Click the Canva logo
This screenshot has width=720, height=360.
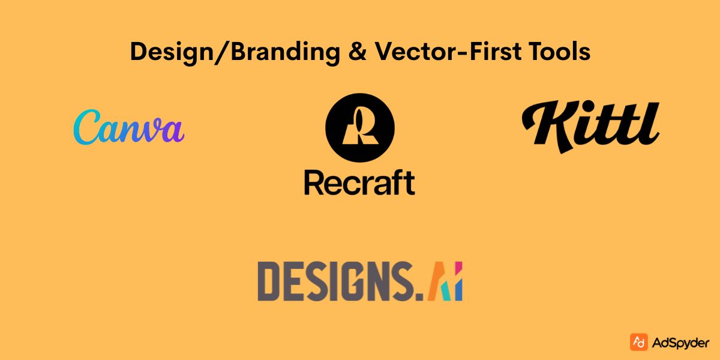pyautogui.click(x=128, y=127)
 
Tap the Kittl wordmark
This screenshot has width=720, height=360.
pyautogui.click(x=591, y=125)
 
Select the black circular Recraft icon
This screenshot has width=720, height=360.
pyautogui.click(x=360, y=128)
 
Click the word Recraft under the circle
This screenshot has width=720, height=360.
pyautogui.click(x=359, y=182)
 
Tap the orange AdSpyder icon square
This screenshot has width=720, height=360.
pyautogui.click(x=638, y=342)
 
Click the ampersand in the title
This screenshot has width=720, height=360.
pyautogui.click(x=360, y=53)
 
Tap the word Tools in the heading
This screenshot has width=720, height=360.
pyautogui.click(x=560, y=53)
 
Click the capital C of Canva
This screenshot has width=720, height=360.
pyautogui.click(x=88, y=127)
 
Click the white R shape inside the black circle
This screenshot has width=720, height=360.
pyautogui.click(x=360, y=128)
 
